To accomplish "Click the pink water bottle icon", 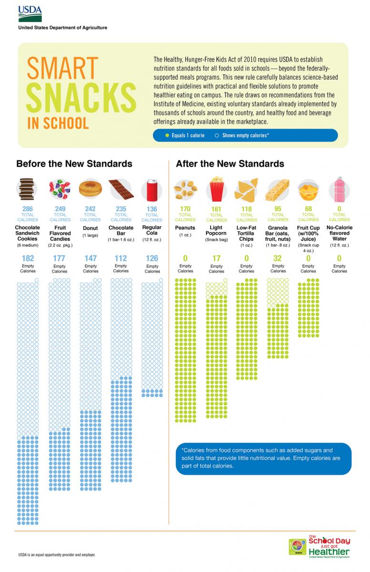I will click(339, 189).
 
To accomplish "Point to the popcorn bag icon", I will click(216, 189).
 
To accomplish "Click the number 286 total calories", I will click(28, 209).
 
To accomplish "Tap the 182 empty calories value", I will click(28, 258).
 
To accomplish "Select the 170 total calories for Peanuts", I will click(185, 209).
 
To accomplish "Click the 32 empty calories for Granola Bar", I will click(278, 258).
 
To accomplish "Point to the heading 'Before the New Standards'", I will click(74, 163).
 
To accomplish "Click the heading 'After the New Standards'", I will click(230, 163).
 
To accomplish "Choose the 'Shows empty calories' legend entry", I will click(242, 135).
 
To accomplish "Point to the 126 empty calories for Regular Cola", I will click(152, 259).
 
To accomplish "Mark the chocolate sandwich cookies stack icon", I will click(28, 189).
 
